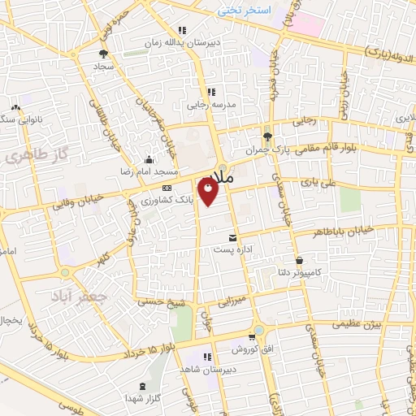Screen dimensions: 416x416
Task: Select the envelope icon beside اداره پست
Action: (x=234, y=238)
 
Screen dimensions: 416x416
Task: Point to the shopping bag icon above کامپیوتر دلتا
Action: (x=301, y=261)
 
